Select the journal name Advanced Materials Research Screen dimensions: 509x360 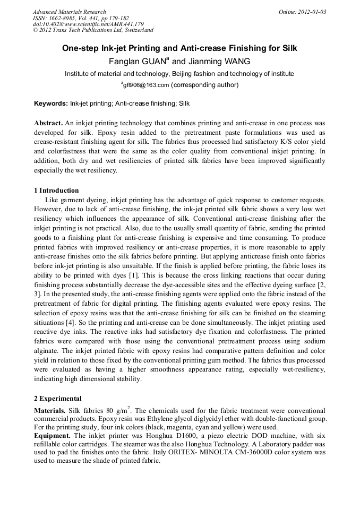click(x=69, y=12)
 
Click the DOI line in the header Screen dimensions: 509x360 click(x=88, y=24)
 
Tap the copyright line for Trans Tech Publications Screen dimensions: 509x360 click(x=93, y=30)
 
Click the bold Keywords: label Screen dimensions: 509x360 click(x=51, y=103)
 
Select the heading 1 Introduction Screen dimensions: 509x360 click(x=56, y=191)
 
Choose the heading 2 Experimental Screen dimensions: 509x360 click(x=58, y=398)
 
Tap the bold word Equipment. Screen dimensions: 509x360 click(x=53, y=436)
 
